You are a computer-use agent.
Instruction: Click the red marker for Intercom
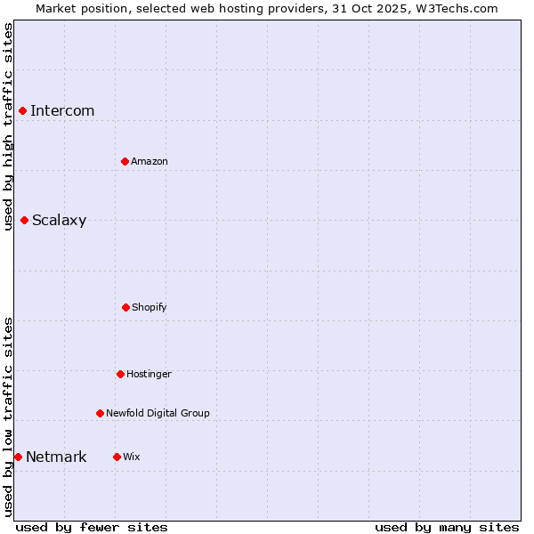click(22, 110)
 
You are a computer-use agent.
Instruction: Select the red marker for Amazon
click(125, 161)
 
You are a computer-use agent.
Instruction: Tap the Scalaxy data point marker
click(24, 220)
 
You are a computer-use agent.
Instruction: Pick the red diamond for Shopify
click(125, 307)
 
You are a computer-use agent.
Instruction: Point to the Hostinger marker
click(120, 374)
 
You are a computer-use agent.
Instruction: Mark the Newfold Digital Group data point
click(100, 413)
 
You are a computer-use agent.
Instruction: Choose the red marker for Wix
click(117, 457)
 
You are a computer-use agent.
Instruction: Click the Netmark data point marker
click(18, 457)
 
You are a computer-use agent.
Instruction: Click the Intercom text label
click(62, 110)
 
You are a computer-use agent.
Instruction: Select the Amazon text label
click(150, 161)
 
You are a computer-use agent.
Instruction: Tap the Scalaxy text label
click(59, 221)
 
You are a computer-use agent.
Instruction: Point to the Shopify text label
click(150, 307)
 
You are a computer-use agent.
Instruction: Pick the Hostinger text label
click(149, 374)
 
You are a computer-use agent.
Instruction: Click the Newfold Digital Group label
click(158, 413)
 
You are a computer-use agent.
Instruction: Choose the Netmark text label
click(56, 457)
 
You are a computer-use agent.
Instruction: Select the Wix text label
click(132, 457)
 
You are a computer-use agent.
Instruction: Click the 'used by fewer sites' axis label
click(92, 527)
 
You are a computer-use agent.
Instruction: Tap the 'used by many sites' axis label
click(447, 527)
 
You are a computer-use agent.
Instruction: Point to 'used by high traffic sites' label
click(8, 126)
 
